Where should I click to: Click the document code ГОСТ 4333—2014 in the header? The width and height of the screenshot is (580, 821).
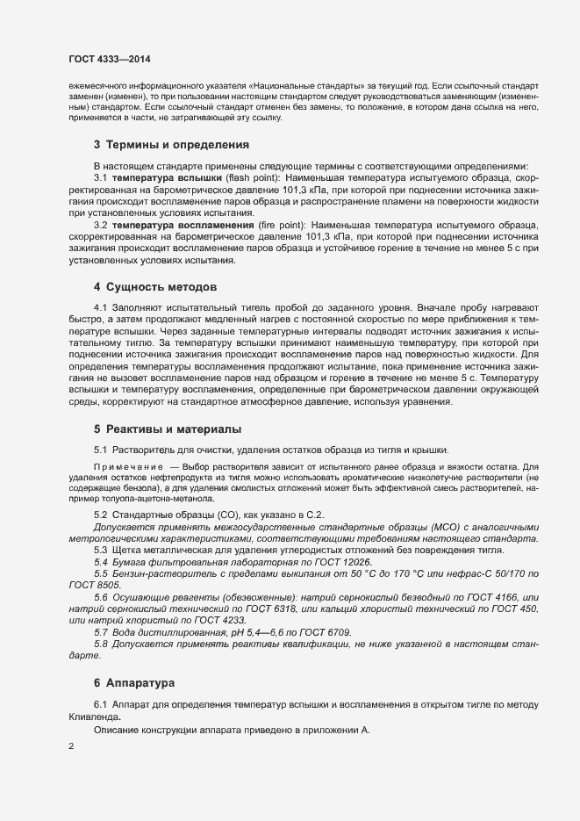(109, 59)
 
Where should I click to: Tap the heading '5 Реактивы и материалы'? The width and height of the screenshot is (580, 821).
(167, 429)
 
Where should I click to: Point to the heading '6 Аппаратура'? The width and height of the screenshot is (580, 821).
(134, 681)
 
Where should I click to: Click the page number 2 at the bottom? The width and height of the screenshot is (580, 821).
(70, 747)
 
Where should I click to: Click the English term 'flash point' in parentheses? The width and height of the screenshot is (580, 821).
(251, 177)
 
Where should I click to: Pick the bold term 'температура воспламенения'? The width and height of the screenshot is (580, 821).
(183, 226)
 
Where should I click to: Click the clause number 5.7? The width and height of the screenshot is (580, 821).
(101, 632)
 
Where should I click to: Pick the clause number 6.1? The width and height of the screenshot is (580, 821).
(101, 705)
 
